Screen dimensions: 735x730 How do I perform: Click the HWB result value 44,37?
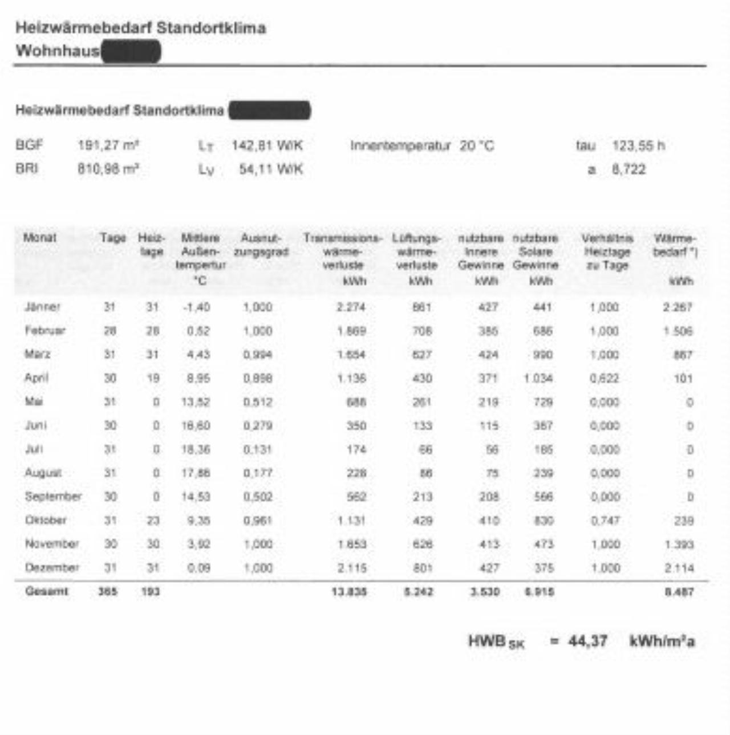pos(587,641)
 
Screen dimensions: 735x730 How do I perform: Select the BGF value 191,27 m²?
pos(108,146)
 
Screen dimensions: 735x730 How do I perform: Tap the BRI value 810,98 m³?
pos(108,169)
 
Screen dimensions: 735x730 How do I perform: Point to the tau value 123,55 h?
pos(638,146)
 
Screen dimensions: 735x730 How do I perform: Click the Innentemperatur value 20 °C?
pos(477,146)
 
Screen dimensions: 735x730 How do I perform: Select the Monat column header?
pos(40,238)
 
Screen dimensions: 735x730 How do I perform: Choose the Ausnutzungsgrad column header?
pos(261,245)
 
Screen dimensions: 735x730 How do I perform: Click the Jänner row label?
pos(42,307)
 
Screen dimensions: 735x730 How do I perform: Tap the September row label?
pos(53,497)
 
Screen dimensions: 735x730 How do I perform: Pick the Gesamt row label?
pos(46,591)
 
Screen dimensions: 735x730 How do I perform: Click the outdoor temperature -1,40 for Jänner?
pos(196,307)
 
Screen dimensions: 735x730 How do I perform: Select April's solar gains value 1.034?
pos(538,379)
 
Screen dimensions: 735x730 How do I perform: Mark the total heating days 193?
pos(151,592)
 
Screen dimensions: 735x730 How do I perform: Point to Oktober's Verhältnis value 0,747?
pos(605,521)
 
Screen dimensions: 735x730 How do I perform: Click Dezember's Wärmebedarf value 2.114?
pos(679,568)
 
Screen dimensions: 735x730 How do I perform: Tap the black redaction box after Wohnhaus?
pos(131,51)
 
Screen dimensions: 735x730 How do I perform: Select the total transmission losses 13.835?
pos(349,592)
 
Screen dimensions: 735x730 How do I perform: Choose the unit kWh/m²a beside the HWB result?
pos(662,641)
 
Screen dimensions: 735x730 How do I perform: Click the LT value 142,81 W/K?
pos(267,146)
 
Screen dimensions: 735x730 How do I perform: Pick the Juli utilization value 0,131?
pos(258,449)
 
